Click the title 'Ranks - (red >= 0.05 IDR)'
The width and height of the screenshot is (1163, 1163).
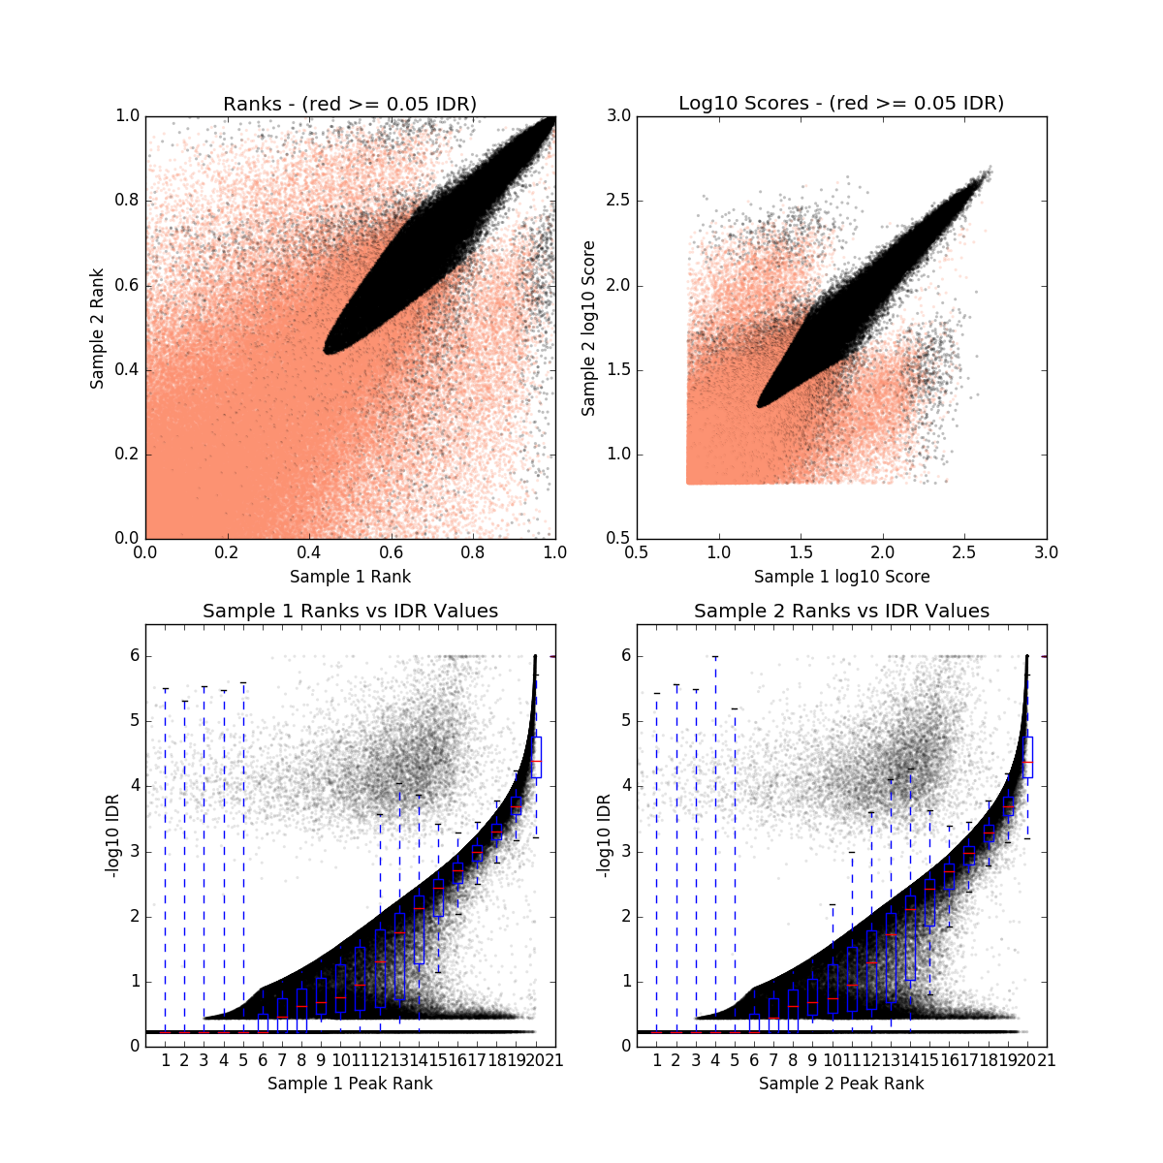[350, 104]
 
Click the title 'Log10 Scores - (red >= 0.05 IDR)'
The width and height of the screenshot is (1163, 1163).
[841, 103]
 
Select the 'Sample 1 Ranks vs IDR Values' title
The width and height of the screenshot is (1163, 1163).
[350, 612]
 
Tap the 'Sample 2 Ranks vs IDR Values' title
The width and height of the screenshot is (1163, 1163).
[841, 612]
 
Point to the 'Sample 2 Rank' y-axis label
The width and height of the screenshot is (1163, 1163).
[97, 328]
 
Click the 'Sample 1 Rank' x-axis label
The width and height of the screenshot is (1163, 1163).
[350, 577]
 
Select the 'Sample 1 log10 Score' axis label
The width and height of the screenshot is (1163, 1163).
[841, 577]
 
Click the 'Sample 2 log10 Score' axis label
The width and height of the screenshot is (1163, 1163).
[588, 328]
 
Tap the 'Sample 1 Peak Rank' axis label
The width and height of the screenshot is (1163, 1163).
[350, 1084]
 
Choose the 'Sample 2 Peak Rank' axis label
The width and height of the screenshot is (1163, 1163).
[841, 1084]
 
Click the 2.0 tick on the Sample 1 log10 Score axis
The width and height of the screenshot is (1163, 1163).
[882, 552]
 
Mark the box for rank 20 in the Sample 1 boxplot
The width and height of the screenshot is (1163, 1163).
[536, 757]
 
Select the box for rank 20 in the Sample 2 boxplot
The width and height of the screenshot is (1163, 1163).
[1027, 757]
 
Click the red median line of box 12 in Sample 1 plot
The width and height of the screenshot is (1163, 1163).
[380, 961]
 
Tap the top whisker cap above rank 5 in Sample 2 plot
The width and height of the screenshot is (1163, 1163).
[735, 708]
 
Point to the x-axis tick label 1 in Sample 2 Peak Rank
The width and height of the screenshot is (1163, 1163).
[657, 1060]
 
